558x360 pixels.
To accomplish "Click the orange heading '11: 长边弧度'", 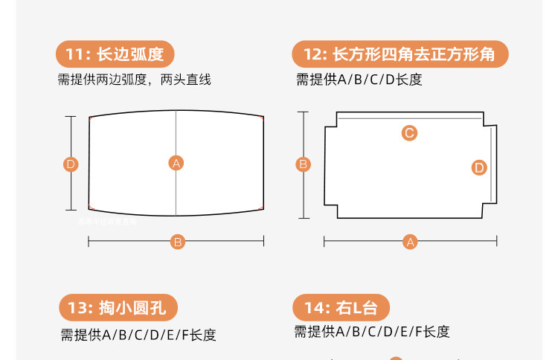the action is point(119,54).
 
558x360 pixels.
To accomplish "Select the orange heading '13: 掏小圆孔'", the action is point(119,308).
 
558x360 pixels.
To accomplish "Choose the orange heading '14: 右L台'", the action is point(341,308).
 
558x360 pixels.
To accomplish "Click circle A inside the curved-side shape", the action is point(176,164).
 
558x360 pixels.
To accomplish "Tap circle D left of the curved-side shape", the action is point(71,164).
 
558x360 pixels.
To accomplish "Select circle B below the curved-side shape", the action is point(178,242).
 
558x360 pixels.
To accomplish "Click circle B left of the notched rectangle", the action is point(304,164).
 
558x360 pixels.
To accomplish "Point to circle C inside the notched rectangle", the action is point(409,133).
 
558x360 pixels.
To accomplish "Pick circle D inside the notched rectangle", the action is point(479,168).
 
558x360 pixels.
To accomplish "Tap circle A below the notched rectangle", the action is point(410,242).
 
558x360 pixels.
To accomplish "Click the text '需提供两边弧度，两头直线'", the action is point(135,80).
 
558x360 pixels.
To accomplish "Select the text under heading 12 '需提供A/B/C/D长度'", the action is point(359,80).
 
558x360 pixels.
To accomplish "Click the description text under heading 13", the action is point(138,335).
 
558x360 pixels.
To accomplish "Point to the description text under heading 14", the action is point(372,332).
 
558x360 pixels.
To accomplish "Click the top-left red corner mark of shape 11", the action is point(91,118).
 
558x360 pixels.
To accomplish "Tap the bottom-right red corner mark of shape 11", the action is point(261,208).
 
